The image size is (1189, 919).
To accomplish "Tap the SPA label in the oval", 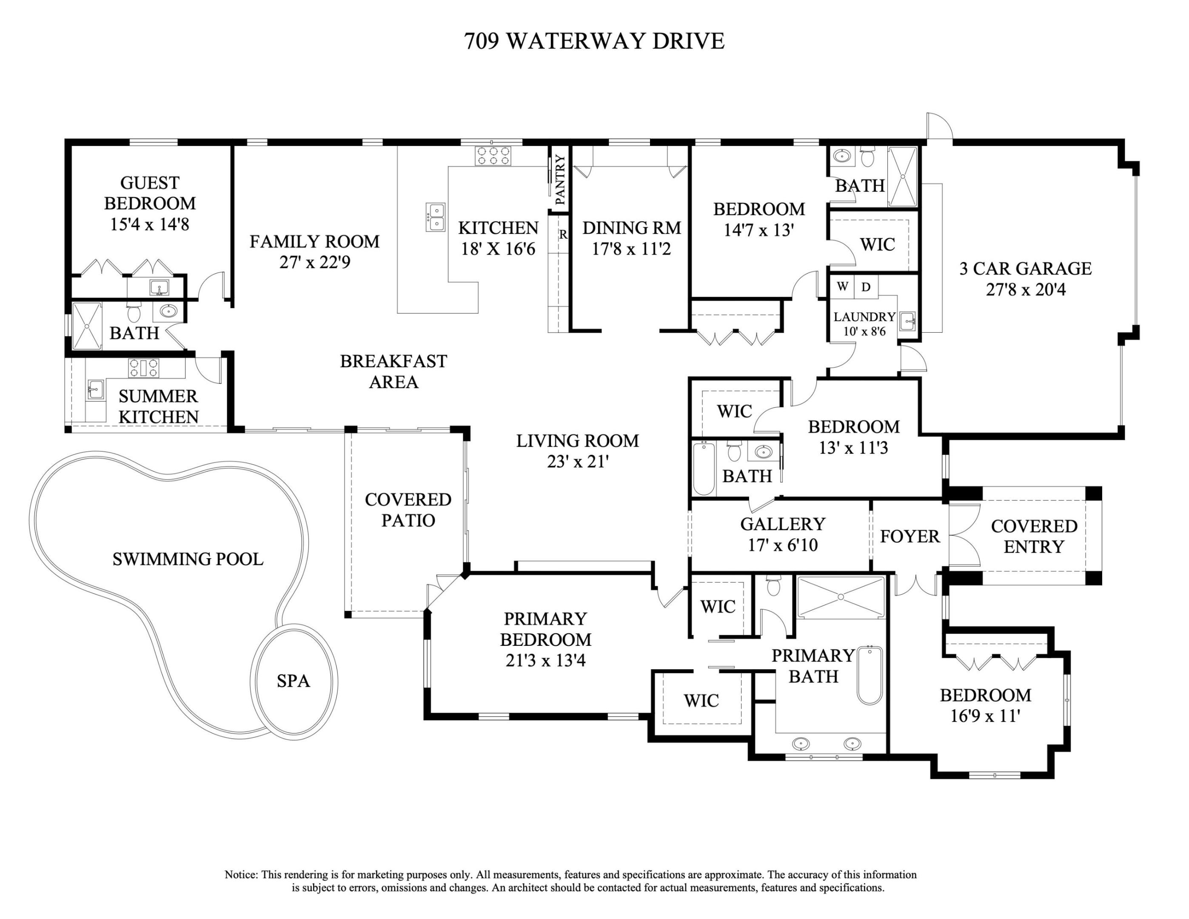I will click(293, 681).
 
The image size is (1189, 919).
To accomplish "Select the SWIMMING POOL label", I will click(188, 559).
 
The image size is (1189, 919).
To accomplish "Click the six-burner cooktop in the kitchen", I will click(493, 156).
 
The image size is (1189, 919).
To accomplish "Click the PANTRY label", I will click(560, 180).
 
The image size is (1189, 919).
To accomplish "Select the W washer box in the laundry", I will click(842, 286).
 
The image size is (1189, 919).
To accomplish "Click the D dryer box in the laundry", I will click(866, 286).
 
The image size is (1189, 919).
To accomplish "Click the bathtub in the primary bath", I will click(870, 675).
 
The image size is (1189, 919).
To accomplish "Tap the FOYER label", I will click(910, 536).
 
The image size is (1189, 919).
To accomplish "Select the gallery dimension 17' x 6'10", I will click(782, 545).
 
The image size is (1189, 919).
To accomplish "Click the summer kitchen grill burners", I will click(144, 368).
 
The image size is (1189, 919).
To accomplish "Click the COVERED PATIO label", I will click(408, 510).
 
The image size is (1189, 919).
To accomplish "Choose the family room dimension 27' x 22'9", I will click(315, 263).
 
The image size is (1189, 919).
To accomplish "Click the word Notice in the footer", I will click(241, 875).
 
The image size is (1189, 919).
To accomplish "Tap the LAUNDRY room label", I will click(864, 317).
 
